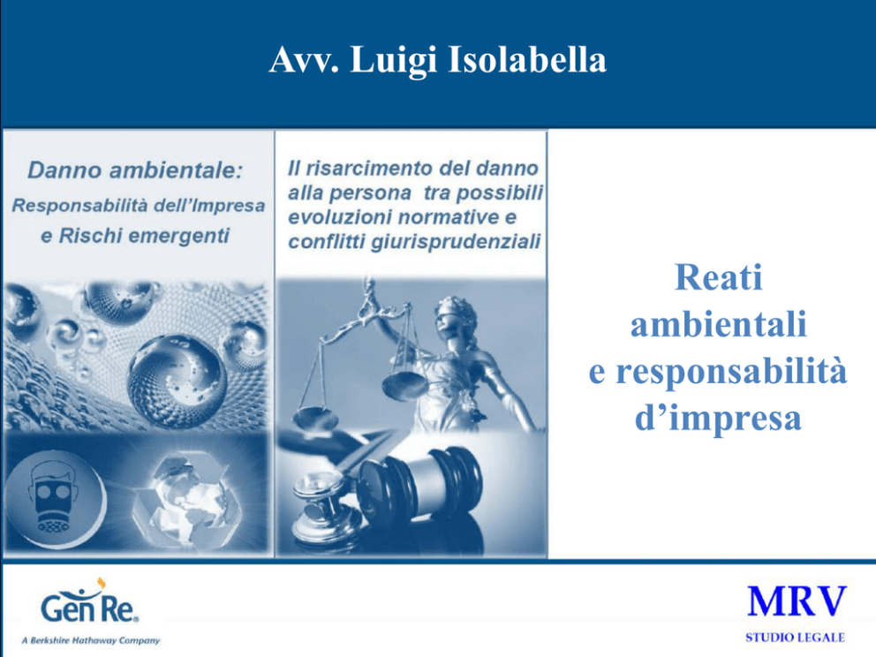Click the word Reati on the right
(719, 277)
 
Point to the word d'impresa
(719, 418)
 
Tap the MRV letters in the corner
(797, 601)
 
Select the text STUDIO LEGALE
(795, 638)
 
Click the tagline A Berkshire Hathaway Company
(90, 640)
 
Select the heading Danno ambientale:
(135, 170)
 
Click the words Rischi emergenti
(144, 236)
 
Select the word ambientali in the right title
(719, 324)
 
